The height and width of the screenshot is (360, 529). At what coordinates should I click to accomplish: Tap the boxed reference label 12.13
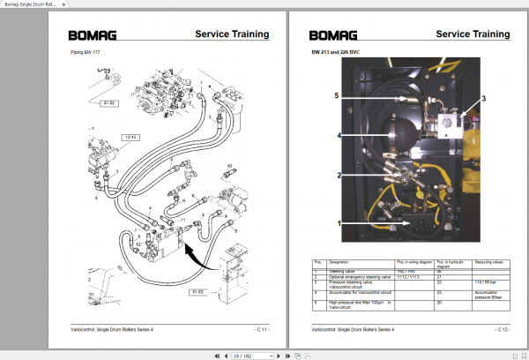point(130,138)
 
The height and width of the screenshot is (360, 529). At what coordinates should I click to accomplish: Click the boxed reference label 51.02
point(109,103)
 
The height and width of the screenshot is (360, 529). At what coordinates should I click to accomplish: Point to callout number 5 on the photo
point(337,94)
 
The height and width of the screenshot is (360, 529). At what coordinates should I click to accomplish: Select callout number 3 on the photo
point(483,99)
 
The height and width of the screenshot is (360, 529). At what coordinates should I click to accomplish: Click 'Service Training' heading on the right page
point(472,34)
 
